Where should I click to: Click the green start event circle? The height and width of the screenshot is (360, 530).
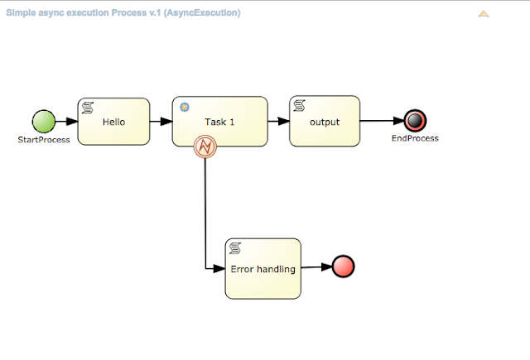(43, 122)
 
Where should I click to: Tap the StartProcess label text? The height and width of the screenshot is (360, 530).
(44, 139)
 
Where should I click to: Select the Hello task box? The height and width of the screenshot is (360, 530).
(113, 122)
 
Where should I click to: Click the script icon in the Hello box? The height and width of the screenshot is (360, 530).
(86, 108)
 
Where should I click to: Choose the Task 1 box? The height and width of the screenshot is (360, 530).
(220, 121)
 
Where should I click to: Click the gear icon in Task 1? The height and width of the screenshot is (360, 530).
(184, 107)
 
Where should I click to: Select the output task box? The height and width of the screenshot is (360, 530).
(324, 121)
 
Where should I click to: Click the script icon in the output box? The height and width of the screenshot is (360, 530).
(298, 106)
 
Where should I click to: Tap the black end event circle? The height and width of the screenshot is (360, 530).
(415, 122)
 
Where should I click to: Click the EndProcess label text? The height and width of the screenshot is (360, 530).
(415, 138)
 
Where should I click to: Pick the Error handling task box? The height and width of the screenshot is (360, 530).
(263, 268)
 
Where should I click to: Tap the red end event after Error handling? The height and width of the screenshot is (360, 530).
(343, 266)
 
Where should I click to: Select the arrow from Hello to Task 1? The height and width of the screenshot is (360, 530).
(161, 122)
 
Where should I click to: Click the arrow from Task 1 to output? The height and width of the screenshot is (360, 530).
(278, 121)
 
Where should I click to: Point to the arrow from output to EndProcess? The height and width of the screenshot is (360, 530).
(382, 121)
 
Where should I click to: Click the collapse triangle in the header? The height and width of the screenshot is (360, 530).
(484, 14)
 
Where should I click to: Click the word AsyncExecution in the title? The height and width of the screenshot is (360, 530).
(211, 14)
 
